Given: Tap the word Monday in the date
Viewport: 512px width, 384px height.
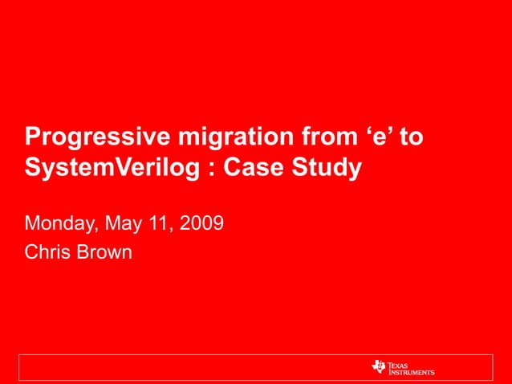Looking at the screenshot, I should [x=60, y=222].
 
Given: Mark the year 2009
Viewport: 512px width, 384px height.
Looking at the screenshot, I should [x=201, y=222].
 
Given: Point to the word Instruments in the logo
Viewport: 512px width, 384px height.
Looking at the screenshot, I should [x=412, y=372].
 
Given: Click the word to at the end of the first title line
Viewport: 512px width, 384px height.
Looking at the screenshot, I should [x=411, y=137].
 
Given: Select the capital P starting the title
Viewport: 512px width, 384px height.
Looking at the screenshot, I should [x=32, y=137].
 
